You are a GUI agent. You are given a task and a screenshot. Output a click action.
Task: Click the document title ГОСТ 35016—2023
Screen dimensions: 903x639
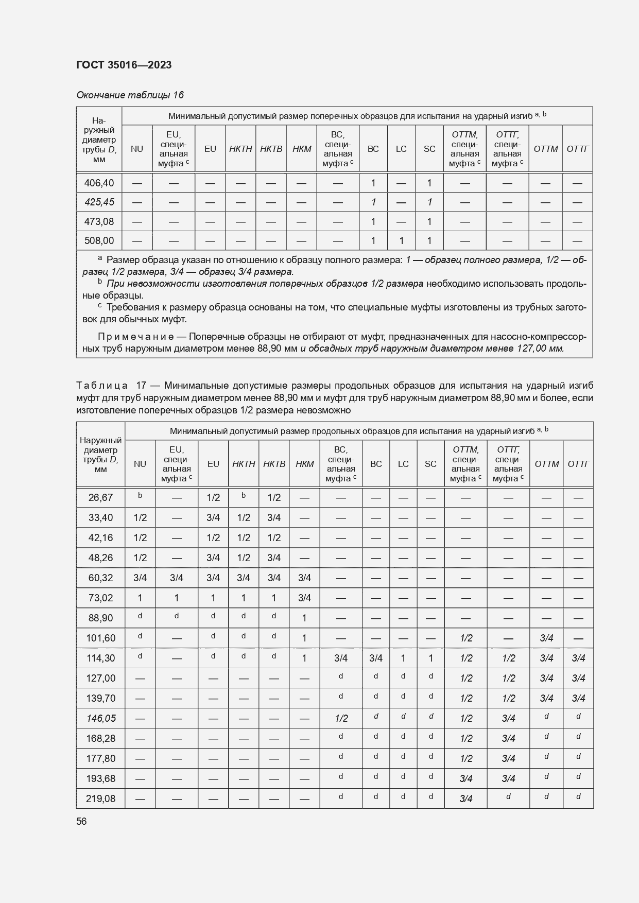tap(124, 65)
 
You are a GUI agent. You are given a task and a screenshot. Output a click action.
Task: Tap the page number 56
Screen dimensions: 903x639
tap(81, 821)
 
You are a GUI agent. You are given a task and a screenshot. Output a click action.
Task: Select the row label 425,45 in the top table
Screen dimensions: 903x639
tap(99, 202)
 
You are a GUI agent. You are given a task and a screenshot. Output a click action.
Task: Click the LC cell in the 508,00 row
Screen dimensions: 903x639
tap(401, 240)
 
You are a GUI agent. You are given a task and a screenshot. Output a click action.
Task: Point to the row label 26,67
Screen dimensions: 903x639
tap(100, 497)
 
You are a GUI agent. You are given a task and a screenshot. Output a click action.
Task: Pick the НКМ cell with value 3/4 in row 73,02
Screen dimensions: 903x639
tap(304, 598)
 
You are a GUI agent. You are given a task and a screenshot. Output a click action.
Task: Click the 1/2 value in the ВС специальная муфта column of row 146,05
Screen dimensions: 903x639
tap(341, 718)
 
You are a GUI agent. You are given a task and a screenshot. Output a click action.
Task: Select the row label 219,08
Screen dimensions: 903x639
tap(100, 798)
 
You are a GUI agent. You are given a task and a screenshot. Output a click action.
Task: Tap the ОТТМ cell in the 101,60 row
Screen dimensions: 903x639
tap(546, 638)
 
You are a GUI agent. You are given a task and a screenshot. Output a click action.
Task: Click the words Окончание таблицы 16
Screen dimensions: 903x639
tap(130, 95)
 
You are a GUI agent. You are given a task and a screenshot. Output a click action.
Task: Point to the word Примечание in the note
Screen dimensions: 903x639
tap(135, 337)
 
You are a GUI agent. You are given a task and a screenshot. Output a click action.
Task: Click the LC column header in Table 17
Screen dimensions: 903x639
tap(403, 464)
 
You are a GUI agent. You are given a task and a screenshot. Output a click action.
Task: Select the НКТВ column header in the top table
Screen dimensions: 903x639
tap(271, 149)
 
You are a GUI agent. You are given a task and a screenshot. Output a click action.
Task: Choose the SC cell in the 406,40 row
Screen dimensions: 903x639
tap(429, 183)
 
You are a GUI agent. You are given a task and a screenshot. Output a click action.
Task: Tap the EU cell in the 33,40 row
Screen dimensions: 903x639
tap(213, 517)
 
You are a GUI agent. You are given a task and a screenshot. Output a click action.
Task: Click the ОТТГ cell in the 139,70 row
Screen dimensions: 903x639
tap(578, 698)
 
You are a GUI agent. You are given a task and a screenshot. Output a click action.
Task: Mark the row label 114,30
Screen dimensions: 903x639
tap(100, 658)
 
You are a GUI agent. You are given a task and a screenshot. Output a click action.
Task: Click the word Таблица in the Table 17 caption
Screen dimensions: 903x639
tap(101, 386)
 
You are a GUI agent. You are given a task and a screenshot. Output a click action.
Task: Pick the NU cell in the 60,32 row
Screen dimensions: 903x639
tap(140, 578)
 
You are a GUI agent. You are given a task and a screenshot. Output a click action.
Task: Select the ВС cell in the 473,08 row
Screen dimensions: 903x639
tap(373, 221)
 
